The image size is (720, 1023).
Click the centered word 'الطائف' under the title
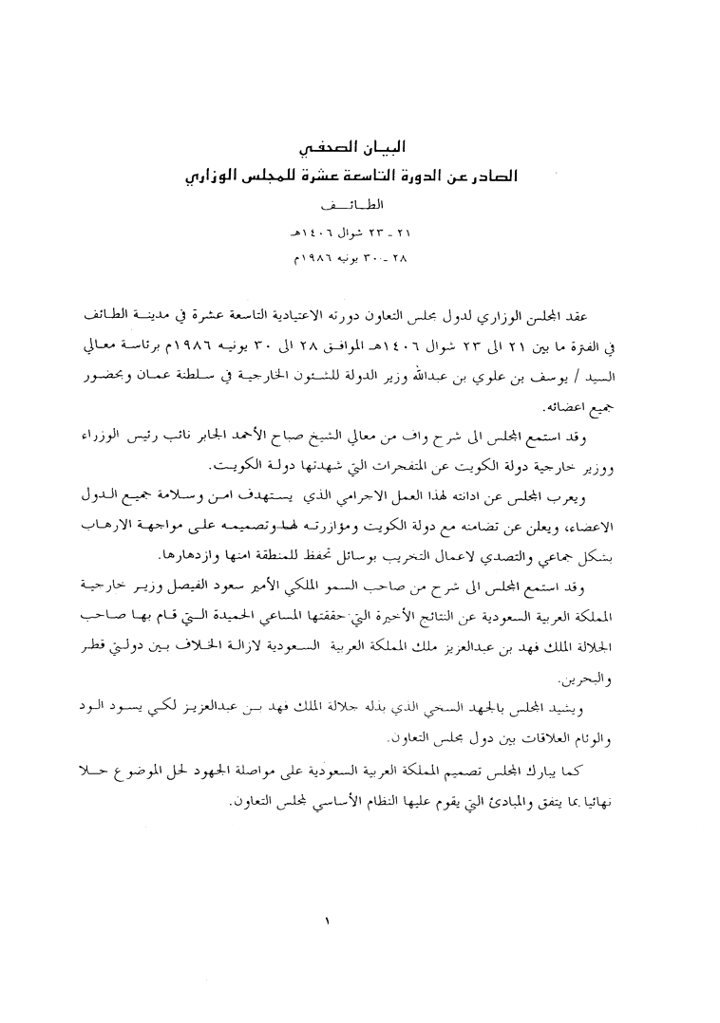[357, 204]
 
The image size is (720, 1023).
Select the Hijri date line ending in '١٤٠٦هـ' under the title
[358, 231]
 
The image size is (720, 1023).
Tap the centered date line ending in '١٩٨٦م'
[358, 257]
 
